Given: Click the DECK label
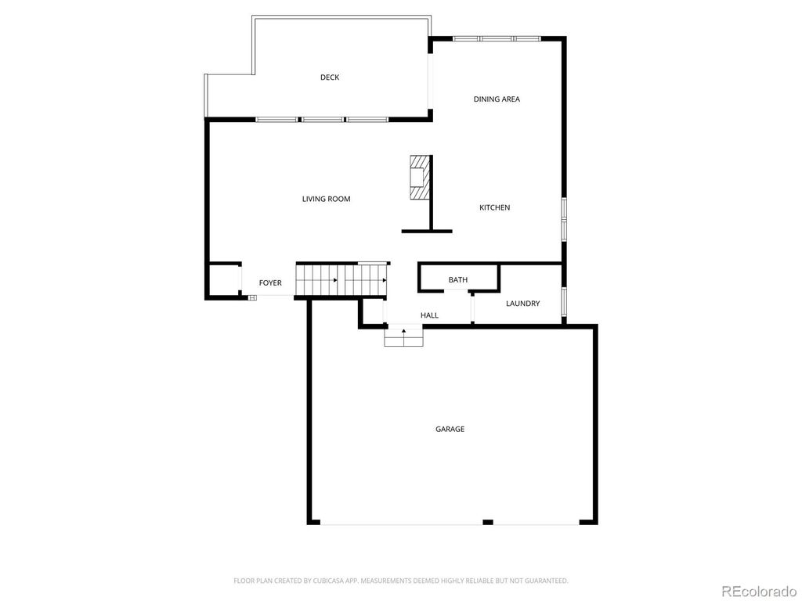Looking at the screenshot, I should (x=330, y=77).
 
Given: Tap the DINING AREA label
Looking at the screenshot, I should (x=497, y=99).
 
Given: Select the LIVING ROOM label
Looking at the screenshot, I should (x=326, y=199).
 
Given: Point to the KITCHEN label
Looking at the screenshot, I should (x=495, y=207).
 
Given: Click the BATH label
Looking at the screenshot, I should (x=458, y=280).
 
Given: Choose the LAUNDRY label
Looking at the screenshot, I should (x=522, y=304).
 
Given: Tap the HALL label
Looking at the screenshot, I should (x=429, y=315).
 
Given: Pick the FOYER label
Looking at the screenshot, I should (x=270, y=283).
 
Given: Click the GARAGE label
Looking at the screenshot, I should (x=450, y=429).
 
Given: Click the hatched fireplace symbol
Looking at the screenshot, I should (x=420, y=178).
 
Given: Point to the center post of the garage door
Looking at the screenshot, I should (x=488, y=521).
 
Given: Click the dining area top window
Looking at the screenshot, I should (x=497, y=38).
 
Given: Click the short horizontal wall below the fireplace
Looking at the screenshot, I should (x=427, y=231).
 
